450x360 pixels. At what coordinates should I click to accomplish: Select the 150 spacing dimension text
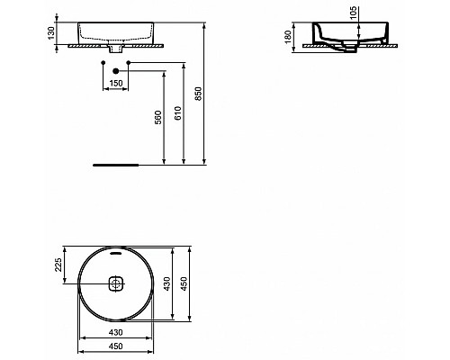click(114, 84)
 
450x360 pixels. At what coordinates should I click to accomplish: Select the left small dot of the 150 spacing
click(99, 63)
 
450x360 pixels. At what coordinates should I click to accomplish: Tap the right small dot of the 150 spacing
click(130, 63)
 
